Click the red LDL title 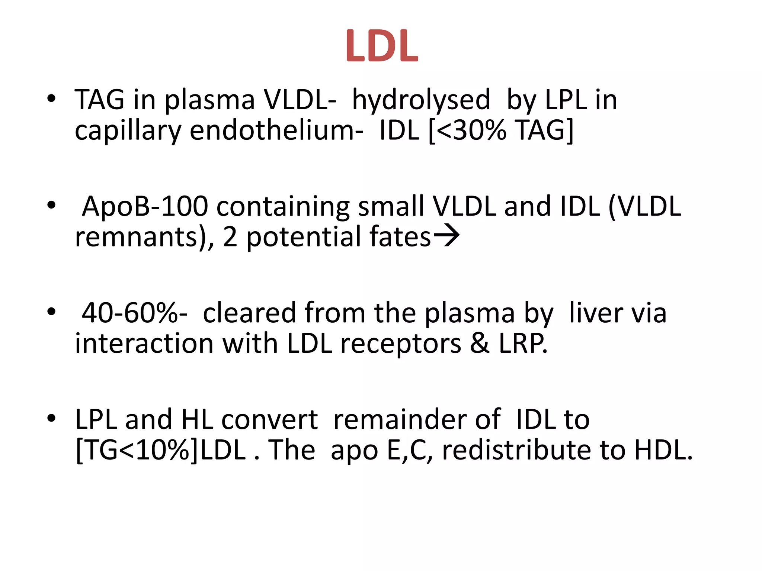tap(382, 46)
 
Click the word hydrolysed tap(421, 100)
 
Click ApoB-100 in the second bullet tap(145, 207)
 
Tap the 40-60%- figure tap(134, 313)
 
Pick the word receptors tap(401, 343)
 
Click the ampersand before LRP tap(480, 343)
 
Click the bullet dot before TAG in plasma tap(51, 99)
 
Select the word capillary tap(128, 132)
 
